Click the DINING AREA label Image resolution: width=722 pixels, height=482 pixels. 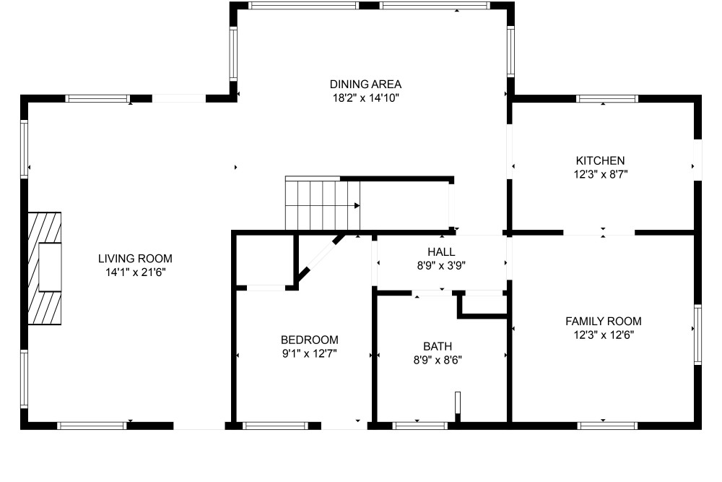pos(365,85)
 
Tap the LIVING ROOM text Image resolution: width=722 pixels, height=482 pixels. pos(135,259)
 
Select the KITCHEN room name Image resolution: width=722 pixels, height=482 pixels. pos(601,161)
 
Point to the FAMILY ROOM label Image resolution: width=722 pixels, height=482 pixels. pos(603,321)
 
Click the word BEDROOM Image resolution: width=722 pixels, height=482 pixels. pos(310,340)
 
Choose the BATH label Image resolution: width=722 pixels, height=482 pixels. pos(438,347)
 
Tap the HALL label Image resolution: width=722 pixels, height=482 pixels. pos(441,252)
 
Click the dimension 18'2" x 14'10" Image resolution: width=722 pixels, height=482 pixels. pos(365,98)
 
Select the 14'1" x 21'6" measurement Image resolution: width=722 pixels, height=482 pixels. pos(136,272)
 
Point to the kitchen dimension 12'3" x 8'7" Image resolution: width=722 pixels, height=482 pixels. pos(601,175)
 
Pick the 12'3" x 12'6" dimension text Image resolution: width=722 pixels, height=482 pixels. pos(604,335)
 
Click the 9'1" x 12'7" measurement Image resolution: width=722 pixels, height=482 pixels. pos(310,354)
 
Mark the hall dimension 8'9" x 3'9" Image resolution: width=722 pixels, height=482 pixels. pos(441,266)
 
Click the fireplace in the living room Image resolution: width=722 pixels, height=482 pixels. pos(45,268)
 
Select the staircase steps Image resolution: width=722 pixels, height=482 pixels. pos(322,203)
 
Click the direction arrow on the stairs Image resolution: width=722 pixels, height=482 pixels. pos(357,205)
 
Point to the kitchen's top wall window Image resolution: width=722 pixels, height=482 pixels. pos(607,98)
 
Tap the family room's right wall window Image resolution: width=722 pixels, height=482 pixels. pos(697,335)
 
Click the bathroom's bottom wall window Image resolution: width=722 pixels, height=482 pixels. pos(420,426)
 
